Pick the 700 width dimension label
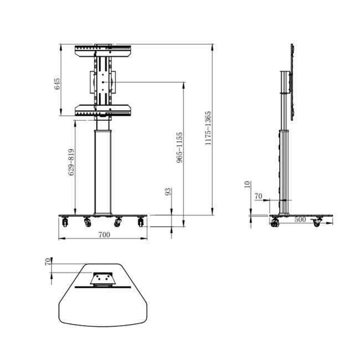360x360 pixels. click(x=104, y=234)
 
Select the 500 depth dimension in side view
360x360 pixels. click(x=301, y=220)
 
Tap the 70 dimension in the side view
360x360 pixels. click(x=258, y=196)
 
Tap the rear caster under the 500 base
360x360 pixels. click(x=317, y=222)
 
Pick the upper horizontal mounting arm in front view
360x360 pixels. click(x=103, y=50)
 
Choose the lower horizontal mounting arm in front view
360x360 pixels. click(x=103, y=111)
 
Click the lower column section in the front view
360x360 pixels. click(x=102, y=172)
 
